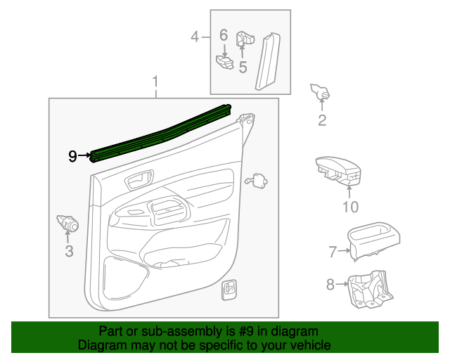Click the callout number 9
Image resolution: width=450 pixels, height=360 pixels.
72,156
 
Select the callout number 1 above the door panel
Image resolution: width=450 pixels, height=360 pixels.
155,84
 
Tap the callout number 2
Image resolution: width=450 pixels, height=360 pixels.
322,121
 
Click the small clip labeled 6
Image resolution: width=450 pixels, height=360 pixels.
225,62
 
